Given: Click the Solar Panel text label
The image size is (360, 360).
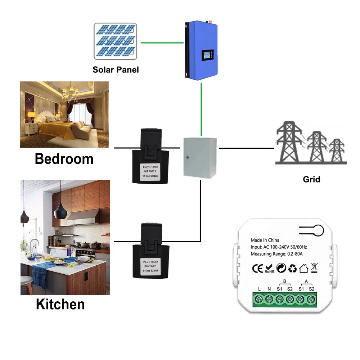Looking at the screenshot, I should click(x=116, y=69).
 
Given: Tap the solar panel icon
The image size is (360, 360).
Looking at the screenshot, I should click(x=115, y=41).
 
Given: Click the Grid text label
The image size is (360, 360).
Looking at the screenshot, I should click(x=311, y=179).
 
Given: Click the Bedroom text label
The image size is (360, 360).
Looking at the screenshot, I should click(x=64, y=159).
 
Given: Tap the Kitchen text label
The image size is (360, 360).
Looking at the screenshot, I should click(x=60, y=304).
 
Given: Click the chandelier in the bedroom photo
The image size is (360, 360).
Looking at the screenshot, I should click(x=70, y=93).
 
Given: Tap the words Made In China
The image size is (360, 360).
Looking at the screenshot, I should click(x=265, y=240).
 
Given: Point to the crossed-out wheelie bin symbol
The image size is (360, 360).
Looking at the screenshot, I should click(x=313, y=267).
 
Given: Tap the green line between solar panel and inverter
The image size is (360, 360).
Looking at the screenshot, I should click(x=162, y=42).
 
